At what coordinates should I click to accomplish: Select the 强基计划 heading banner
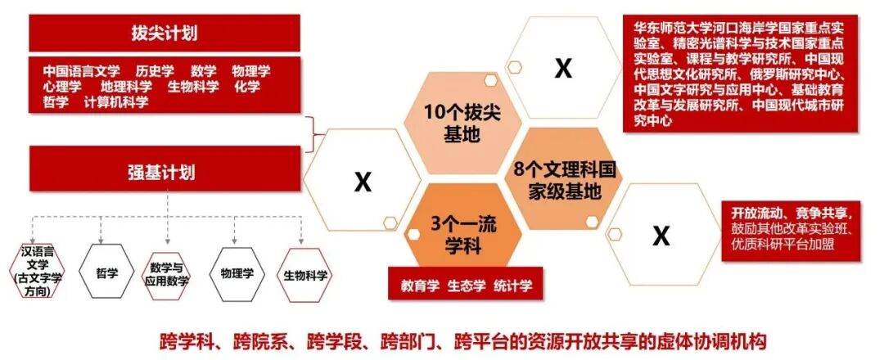click(164, 173)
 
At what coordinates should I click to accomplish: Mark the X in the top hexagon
click(562, 69)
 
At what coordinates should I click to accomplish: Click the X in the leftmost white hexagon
click(362, 181)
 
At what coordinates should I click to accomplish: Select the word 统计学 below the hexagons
click(513, 286)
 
